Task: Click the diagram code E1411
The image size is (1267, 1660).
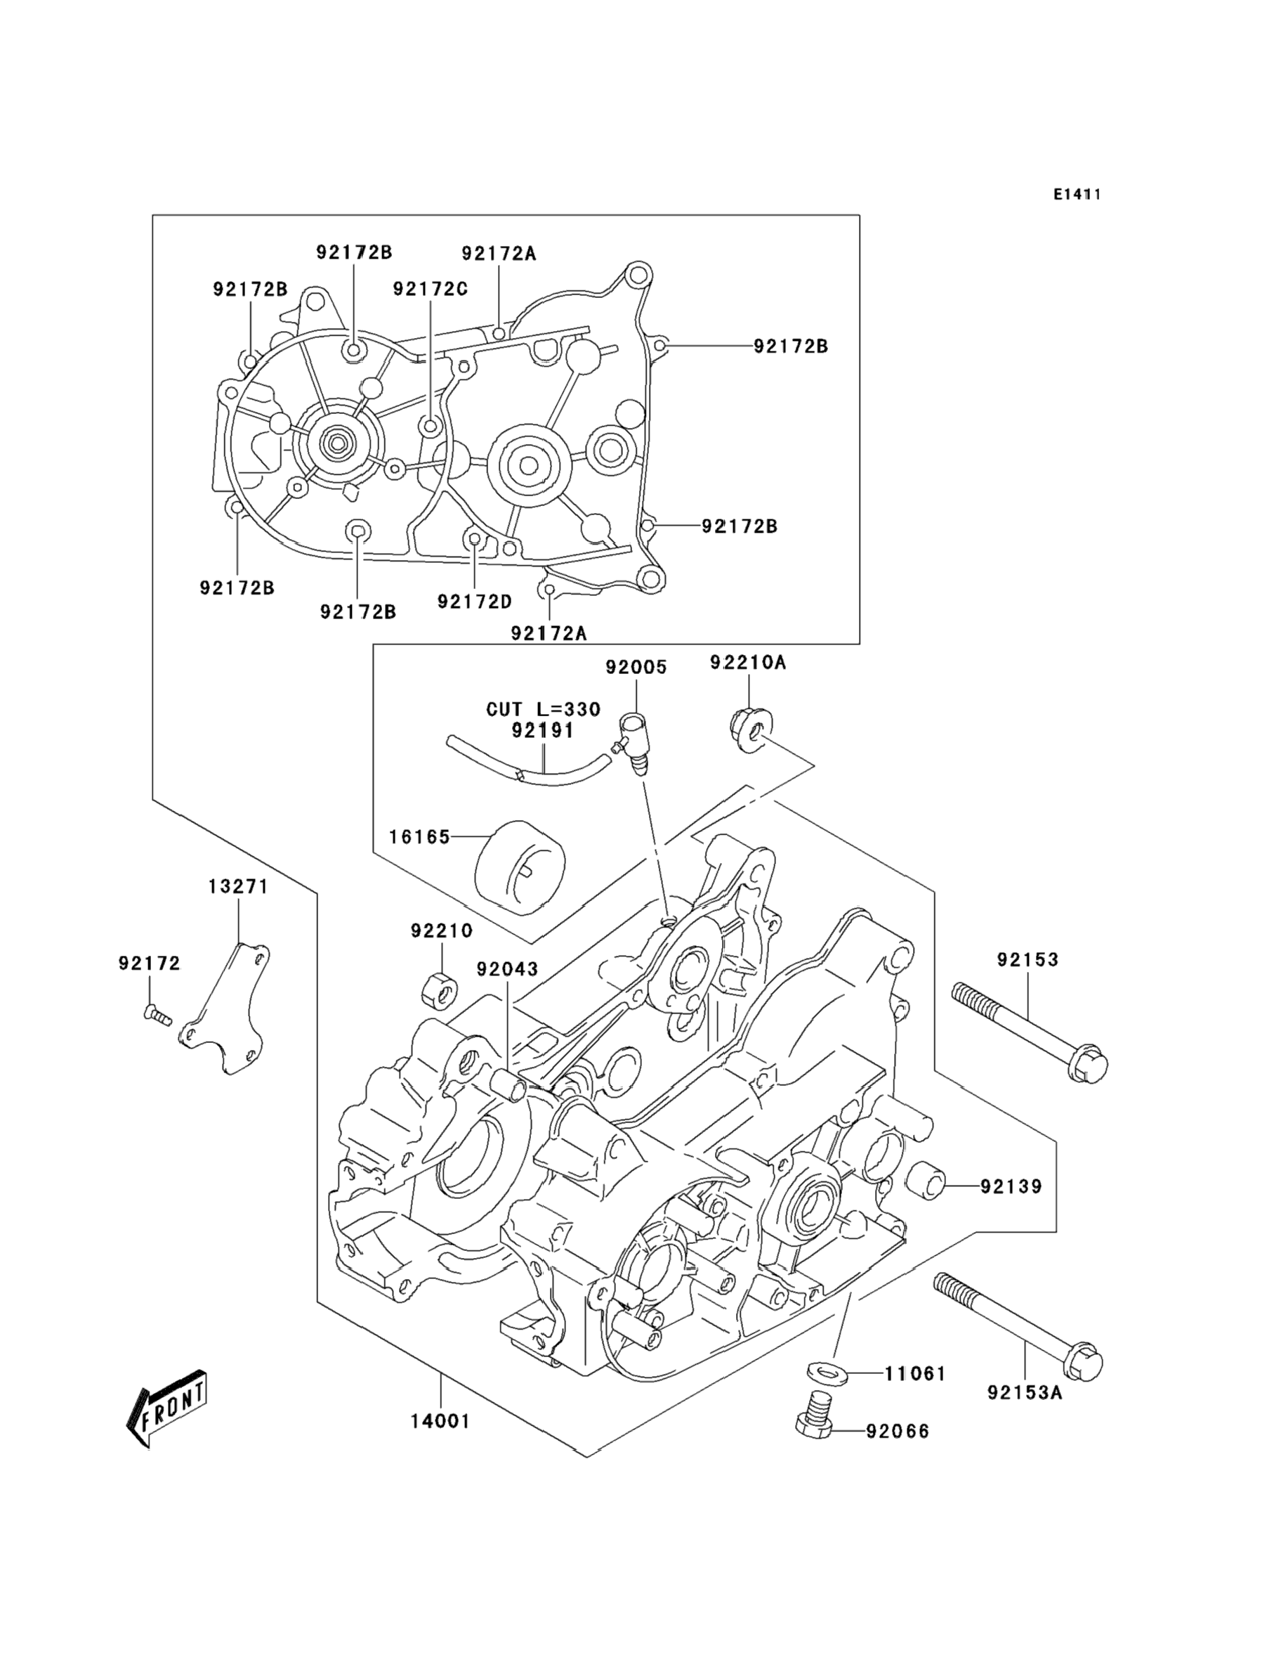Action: click(x=1077, y=195)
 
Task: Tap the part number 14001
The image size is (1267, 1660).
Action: click(x=440, y=1421)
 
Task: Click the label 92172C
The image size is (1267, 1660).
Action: click(x=431, y=289)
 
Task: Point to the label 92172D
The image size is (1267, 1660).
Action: click(x=474, y=602)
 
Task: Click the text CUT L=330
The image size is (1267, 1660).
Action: click(x=543, y=709)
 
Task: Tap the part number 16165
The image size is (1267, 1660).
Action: click(x=419, y=837)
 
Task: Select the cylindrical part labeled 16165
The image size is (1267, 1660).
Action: click(x=520, y=868)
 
